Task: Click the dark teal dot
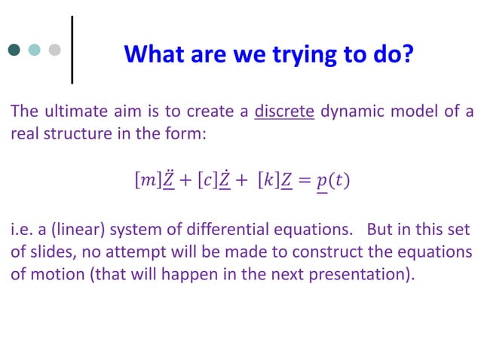[x=14, y=50]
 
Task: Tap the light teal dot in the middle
[x=34, y=50]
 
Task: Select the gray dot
[x=54, y=50]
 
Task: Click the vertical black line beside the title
[x=72, y=49]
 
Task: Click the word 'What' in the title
[x=150, y=54]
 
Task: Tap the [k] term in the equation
[x=268, y=181]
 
